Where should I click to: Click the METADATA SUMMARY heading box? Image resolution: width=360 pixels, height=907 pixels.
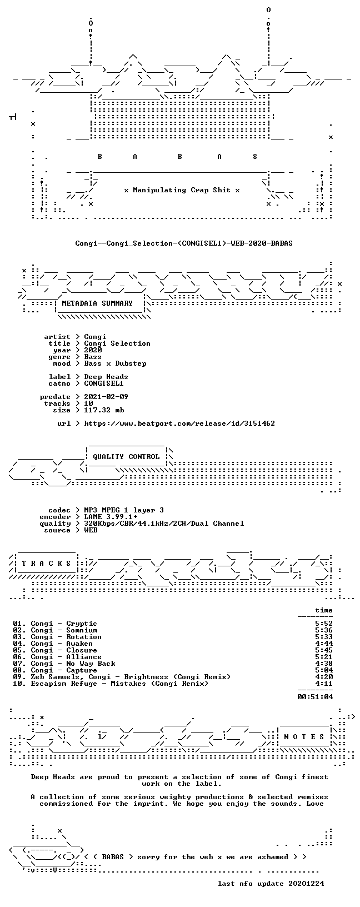pyautogui.click(x=97, y=303)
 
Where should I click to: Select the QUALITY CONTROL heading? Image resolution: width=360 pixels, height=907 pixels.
pyautogui.click(x=126, y=457)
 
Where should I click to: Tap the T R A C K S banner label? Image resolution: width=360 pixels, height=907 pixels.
pyautogui.click(x=46, y=563)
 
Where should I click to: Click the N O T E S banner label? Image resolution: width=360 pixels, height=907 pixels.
pyautogui.click(x=304, y=736)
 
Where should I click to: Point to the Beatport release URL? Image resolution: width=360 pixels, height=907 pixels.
pyautogui.click(x=179, y=423)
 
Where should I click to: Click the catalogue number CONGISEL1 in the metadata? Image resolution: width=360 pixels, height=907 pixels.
pyautogui.click(x=104, y=383)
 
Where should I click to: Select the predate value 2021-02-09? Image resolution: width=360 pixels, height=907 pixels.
pyautogui.click(x=106, y=396)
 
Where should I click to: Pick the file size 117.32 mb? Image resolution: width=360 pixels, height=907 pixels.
pyautogui.click(x=104, y=410)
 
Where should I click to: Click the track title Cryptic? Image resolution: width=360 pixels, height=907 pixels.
pyautogui.click(x=82, y=624)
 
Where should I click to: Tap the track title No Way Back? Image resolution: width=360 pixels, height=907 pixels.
pyautogui.click(x=91, y=663)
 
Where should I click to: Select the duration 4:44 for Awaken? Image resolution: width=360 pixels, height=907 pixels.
pyautogui.click(x=324, y=644)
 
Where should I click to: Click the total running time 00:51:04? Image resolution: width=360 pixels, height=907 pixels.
pyautogui.click(x=315, y=697)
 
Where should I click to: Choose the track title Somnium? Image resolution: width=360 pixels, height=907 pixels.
pyautogui.click(x=82, y=630)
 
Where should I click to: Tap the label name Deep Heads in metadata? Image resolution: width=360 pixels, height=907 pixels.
pyautogui.click(x=106, y=377)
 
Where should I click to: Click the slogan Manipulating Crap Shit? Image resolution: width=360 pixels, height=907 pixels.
pyautogui.click(x=182, y=190)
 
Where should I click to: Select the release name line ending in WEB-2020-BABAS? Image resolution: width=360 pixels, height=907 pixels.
pyautogui.click(x=184, y=243)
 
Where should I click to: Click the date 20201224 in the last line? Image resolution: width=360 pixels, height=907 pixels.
pyautogui.click(x=306, y=884)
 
